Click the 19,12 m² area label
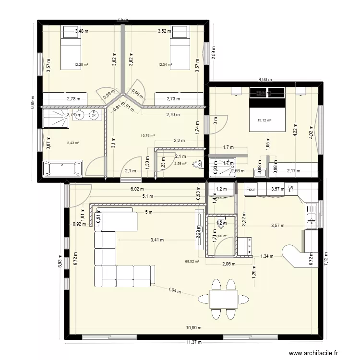(x=265, y=120)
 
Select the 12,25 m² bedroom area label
(x=81, y=64)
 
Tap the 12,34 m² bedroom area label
(x=165, y=64)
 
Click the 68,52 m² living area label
(x=192, y=262)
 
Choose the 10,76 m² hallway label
(x=147, y=136)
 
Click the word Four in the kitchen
(x=251, y=190)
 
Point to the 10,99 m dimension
(x=194, y=328)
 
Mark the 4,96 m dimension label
(x=265, y=80)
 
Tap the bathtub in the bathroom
(x=62, y=169)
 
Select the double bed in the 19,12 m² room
(x=267, y=110)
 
